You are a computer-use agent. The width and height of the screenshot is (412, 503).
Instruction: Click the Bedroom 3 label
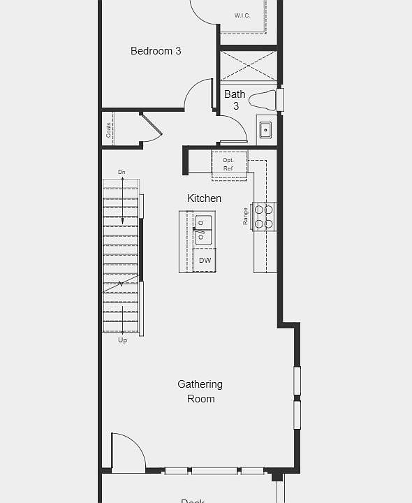point(156,51)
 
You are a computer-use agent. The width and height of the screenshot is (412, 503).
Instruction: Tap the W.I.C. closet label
point(242,15)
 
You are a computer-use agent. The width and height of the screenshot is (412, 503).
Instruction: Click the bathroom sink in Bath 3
point(265,130)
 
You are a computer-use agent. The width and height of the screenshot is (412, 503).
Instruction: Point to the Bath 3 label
point(235,100)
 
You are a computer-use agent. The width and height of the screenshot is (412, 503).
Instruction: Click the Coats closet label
point(109,129)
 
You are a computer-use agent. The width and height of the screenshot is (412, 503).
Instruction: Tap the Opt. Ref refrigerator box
point(229,164)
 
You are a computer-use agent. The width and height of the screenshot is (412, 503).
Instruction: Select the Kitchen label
point(204,198)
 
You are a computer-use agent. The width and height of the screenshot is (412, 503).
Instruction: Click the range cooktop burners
point(264,216)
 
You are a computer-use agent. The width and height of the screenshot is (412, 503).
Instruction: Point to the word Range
point(246,216)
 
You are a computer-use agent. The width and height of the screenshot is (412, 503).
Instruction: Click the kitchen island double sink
point(203,231)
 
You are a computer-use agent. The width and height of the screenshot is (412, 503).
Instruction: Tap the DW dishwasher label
point(205,261)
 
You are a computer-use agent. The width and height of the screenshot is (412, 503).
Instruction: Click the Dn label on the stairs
point(122,172)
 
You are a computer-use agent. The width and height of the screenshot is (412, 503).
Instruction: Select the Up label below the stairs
point(122,340)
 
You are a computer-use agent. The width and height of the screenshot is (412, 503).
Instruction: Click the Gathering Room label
point(200,391)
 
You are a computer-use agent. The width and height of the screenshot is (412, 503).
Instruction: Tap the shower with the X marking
point(248,66)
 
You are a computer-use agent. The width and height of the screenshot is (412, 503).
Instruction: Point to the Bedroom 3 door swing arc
point(198,92)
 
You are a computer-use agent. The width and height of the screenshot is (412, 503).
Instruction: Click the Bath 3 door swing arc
point(235,126)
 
